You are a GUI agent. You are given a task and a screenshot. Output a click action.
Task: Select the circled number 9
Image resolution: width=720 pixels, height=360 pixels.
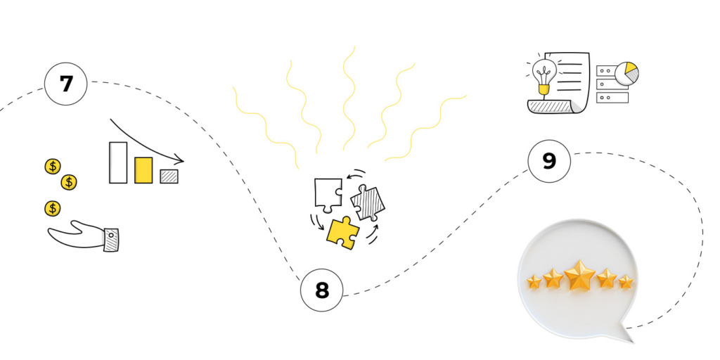[549, 161]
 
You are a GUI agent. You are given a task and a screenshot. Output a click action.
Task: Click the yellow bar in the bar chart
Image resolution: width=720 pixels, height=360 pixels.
[143, 169]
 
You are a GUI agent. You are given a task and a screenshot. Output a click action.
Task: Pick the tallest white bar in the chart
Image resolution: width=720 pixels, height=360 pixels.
[118, 162]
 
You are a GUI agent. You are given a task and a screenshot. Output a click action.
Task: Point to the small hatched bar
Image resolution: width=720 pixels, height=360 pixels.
[169, 176]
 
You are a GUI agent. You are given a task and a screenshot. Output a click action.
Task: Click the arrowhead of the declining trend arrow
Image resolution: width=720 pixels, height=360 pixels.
[179, 160]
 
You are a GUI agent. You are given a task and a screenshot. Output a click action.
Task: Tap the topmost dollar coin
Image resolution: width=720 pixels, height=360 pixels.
[53, 167]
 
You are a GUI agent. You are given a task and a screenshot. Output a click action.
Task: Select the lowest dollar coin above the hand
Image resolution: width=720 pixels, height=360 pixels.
[53, 208]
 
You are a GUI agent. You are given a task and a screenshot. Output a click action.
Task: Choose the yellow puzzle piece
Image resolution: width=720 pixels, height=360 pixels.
[342, 231]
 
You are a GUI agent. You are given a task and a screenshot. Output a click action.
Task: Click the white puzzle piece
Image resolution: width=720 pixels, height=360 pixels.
[328, 193]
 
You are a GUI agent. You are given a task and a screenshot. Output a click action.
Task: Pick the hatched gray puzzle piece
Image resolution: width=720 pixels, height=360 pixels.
[368, 202]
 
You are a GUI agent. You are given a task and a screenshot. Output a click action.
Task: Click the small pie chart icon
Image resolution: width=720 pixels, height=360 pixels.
[626, 73]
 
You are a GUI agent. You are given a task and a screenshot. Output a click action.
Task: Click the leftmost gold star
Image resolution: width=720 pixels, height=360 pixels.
[534, 282]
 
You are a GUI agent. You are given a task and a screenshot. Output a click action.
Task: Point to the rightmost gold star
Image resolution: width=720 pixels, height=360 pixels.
[625, 282]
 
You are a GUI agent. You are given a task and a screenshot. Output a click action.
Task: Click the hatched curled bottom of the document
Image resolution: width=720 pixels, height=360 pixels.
[553, 106]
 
